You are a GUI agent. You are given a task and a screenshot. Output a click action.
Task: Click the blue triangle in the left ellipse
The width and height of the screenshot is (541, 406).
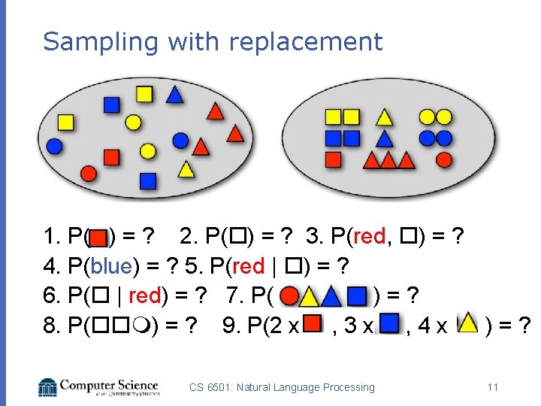pyautogui.click(x=174, y=94)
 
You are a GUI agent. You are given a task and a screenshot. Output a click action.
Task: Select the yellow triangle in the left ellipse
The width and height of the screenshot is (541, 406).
pyautogui.click(x=186, y=168)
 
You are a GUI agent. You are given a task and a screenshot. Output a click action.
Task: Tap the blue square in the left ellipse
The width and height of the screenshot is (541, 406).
pyautogui.click(x=148, y=180)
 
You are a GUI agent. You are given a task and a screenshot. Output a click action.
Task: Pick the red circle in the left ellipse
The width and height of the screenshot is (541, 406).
pyautogui.click(x=88, y=174)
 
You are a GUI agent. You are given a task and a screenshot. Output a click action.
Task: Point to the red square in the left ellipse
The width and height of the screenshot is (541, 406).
pyautogui.click(x=111, y=156)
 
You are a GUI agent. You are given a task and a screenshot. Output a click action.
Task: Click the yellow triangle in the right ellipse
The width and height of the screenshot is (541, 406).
pyautogui.click(x=384, y=117)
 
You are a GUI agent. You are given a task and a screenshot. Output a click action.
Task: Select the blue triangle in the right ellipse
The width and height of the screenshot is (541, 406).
pyautogui.click(x=384, y=138)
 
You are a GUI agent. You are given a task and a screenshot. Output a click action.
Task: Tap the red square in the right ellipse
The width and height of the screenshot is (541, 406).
pyautogui.click(x=333, y=159)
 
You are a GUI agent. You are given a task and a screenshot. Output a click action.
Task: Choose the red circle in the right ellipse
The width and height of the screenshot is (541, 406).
pyautogui.click(x=443, y=159)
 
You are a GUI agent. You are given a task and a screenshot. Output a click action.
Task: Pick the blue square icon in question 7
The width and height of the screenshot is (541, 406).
pyautogui.click(x=356, y=295)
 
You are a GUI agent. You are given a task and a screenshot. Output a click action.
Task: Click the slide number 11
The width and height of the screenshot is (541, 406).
pyautogui.click(x=493, y=387)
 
